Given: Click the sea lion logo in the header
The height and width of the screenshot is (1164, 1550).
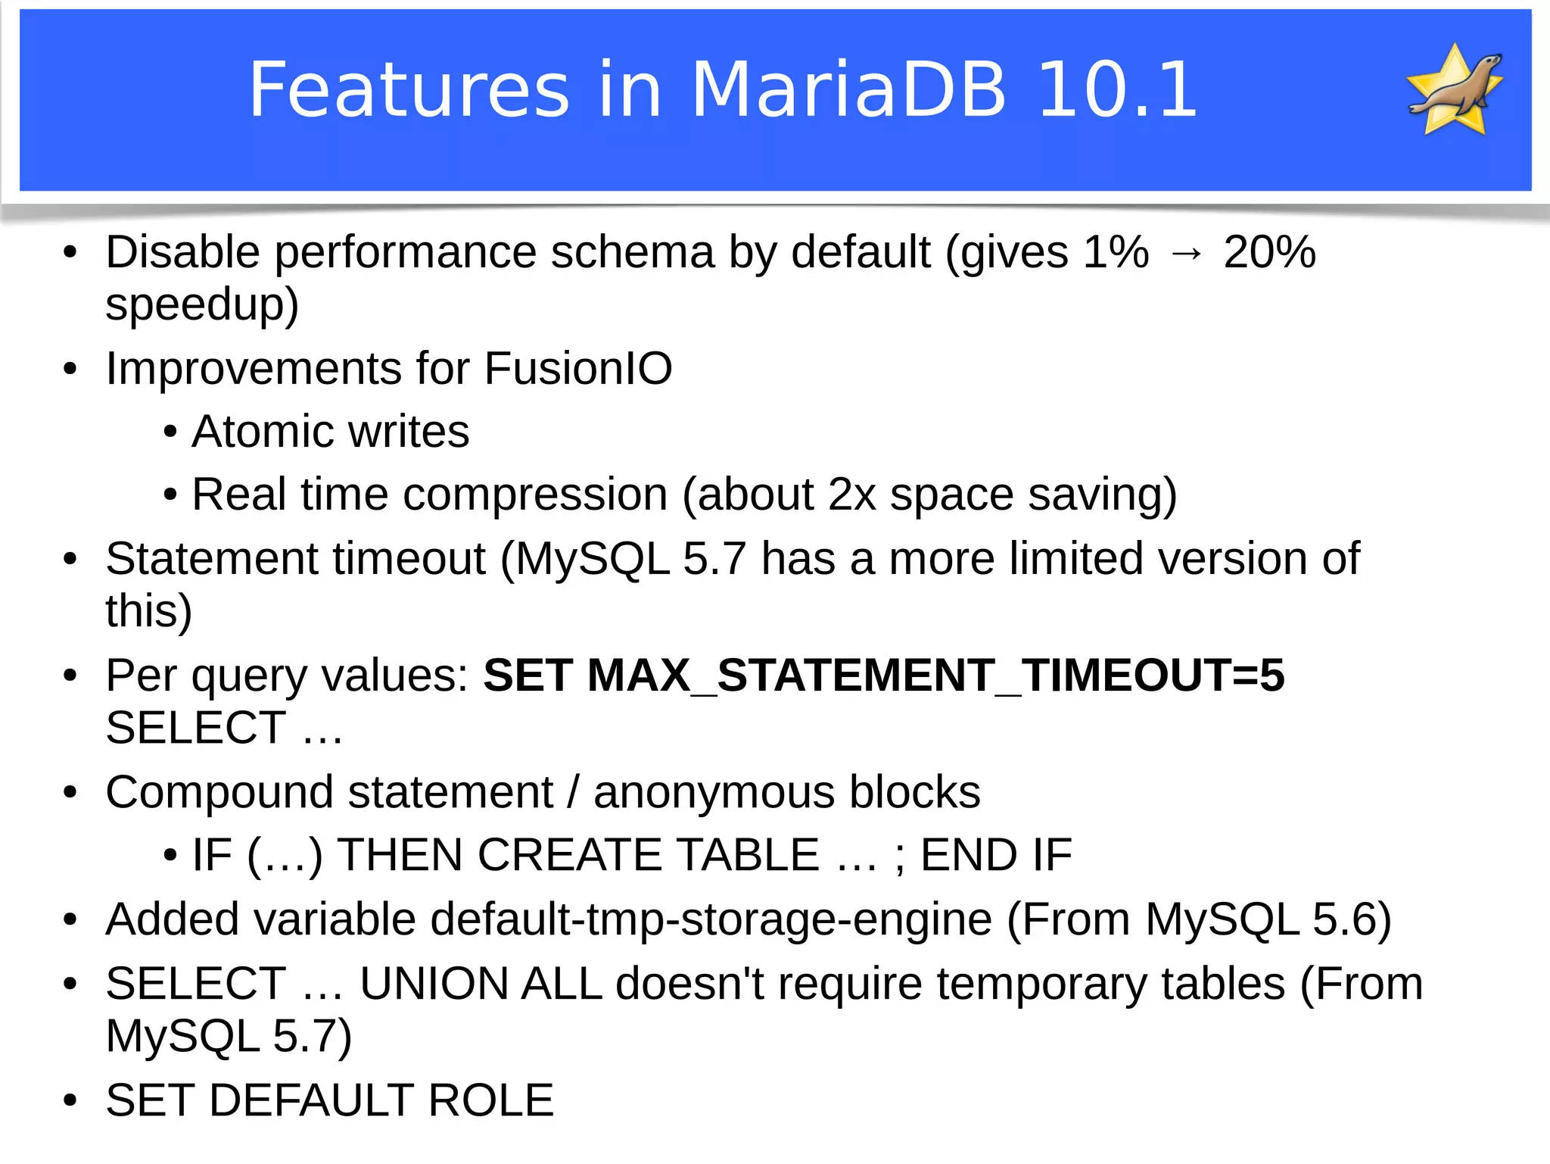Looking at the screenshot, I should pyautogui.click(x=1455, y=89).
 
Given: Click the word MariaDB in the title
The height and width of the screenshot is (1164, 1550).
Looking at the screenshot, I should pyautogui.click(x=848, y=89).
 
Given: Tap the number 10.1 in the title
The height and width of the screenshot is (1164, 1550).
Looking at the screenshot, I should pyautogui.click(x=1117, y=89).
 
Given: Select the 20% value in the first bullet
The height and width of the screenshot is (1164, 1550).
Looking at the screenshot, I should pyautogui.click(x=1269, y=252).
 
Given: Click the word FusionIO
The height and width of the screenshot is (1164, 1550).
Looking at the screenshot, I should pyautogui.click(x=577, y=369).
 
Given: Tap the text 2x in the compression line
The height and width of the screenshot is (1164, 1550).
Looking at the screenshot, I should pyautogui.click(x=852, y=495).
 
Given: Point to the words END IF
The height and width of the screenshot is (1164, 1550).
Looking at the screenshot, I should pyautogui.click(x=996, y=856).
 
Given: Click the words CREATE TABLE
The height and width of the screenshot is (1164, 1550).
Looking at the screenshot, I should pyautogui.click(x=648, y=856).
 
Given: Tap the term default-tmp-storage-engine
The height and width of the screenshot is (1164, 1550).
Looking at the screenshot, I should pyautogui.click(x=711, y=920).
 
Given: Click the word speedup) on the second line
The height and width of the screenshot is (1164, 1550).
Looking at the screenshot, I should pyautogui.click(x=201, y=305).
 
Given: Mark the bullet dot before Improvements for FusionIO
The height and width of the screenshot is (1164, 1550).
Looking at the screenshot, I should pyautogui.click(x=70, y=370).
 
